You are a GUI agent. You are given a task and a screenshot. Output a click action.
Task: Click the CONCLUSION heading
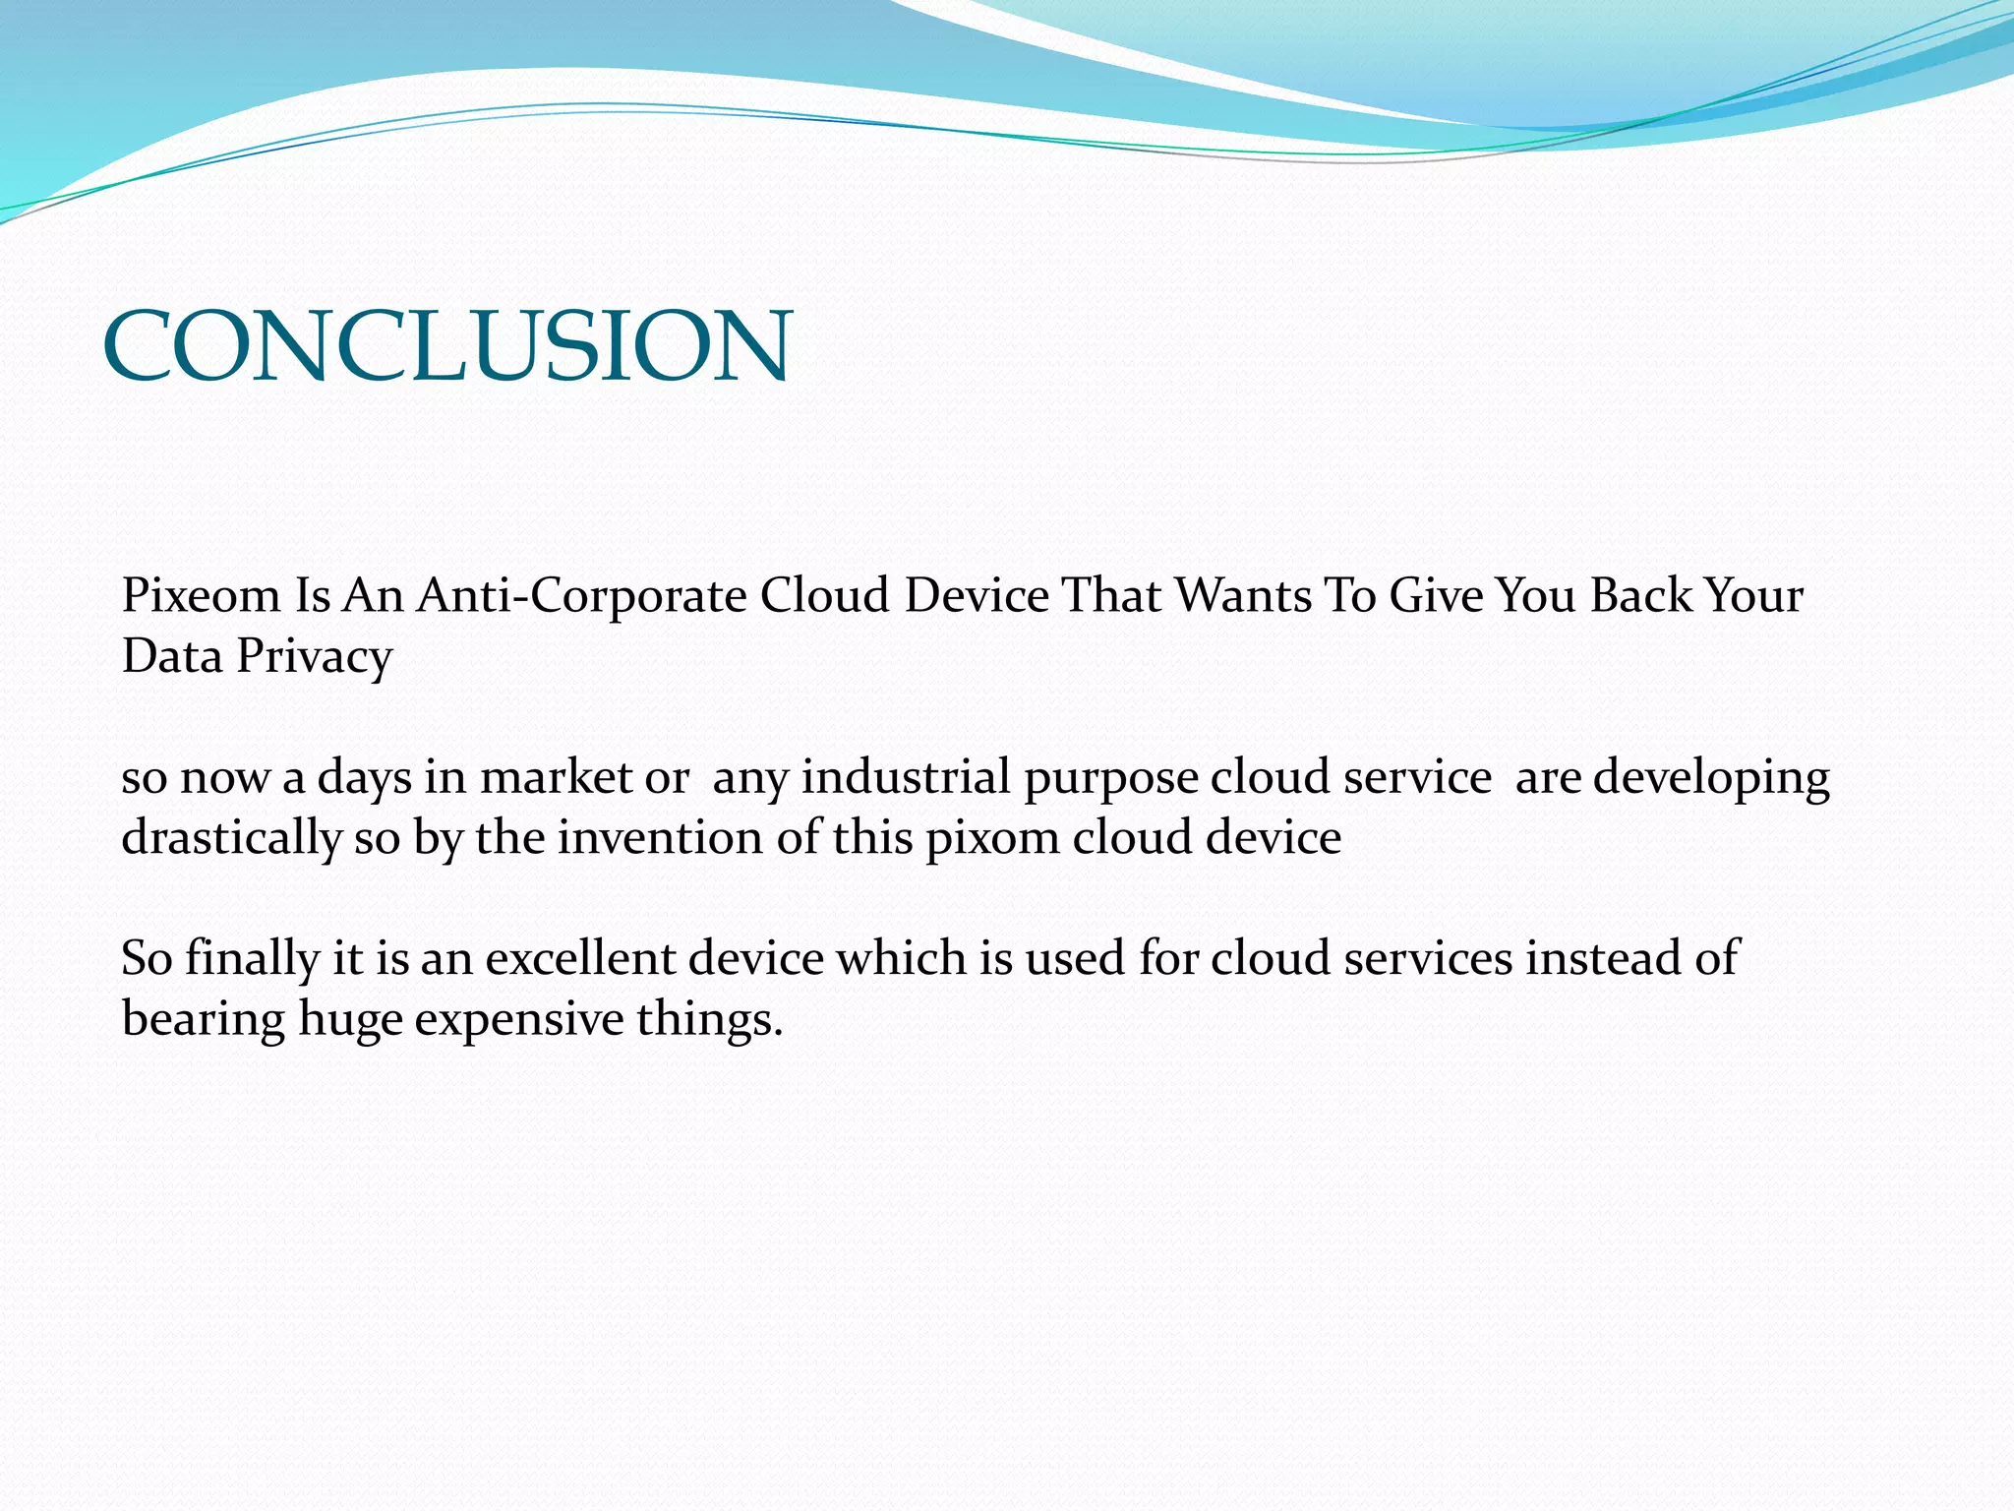446,345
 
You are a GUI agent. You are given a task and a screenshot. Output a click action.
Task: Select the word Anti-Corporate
581,596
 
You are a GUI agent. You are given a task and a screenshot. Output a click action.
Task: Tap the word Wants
1244,596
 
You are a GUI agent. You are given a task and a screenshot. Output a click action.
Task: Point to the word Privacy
314,657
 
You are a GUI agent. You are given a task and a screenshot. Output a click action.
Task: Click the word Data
172,657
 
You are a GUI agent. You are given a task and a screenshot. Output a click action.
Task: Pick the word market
556,777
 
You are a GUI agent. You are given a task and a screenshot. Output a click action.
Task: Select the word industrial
906,777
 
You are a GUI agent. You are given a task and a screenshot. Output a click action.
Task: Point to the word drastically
231,839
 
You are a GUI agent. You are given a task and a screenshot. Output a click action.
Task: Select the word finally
252,959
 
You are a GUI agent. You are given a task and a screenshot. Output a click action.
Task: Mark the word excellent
578,958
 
